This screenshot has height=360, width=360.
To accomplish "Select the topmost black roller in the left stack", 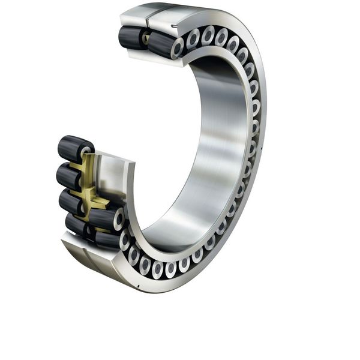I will click(x=74, y=148).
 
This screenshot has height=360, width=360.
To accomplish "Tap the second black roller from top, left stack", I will click(x=70, y=176).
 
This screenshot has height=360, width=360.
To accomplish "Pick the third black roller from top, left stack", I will click(x=71, y=202).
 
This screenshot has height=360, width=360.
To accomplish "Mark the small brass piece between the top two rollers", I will click(x=145, y=39).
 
